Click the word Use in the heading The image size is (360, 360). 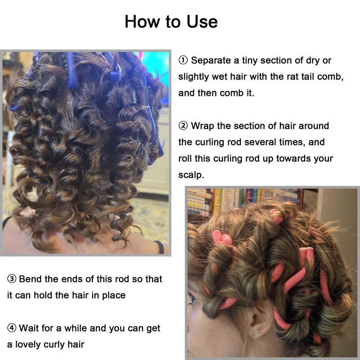coord(202,22)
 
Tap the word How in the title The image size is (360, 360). coord(142,22)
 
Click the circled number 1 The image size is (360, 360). coord(183,60)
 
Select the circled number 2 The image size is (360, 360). coord(183,126)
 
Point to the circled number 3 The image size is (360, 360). coord(12,279)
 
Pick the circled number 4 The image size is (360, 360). coord(12,328)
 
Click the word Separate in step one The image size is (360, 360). coord(211,61)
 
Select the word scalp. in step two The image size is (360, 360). coord(191,175)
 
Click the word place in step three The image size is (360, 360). coord(114,296)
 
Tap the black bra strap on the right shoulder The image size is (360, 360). coord(160,247)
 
